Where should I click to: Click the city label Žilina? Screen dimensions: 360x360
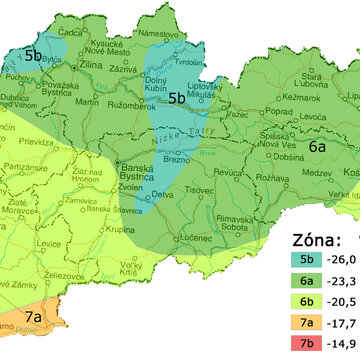tap(91, 64)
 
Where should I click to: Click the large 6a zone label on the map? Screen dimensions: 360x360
tap(318, 146)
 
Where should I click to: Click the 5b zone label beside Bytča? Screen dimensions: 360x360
tap(34, 56)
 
